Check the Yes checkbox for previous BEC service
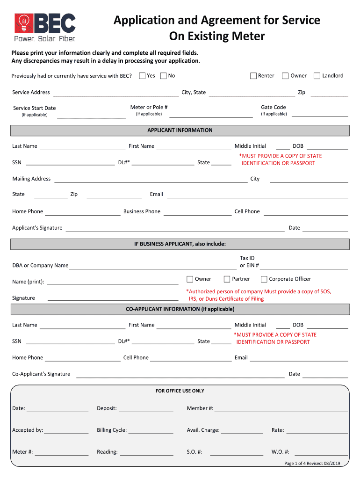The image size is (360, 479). [142, 76]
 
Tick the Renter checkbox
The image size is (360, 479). [253, 76]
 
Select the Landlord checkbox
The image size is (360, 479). [317, 76]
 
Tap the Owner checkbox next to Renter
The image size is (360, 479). [285, 76]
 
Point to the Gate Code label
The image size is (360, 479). [274, 107]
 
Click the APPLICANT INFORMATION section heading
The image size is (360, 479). [180, 131]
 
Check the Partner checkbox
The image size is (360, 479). [227, 279]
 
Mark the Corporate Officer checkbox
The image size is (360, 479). [264, 279]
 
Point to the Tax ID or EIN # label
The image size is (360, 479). [249, 262]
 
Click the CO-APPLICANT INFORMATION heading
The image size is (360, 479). [180, 309]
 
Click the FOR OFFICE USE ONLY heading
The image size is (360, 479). [180, 391]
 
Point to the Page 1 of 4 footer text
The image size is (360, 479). [312, 463]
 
